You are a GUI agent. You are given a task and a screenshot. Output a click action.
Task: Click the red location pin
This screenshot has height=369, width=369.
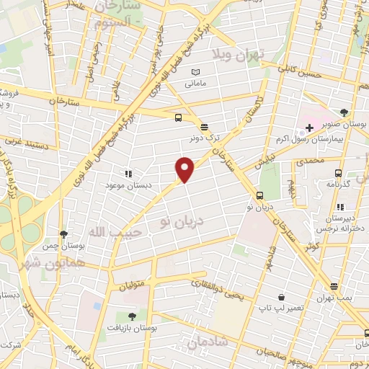185,169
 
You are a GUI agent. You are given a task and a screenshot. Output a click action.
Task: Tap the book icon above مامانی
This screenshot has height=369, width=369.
196,72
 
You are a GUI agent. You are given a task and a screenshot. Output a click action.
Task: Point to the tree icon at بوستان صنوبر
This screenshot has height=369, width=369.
344,112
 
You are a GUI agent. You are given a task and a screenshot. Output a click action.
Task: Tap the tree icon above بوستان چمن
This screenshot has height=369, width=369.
63,234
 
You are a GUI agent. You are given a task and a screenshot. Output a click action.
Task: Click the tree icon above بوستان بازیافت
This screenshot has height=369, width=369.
131,316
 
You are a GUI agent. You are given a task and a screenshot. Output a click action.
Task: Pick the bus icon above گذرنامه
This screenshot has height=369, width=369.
338,173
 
